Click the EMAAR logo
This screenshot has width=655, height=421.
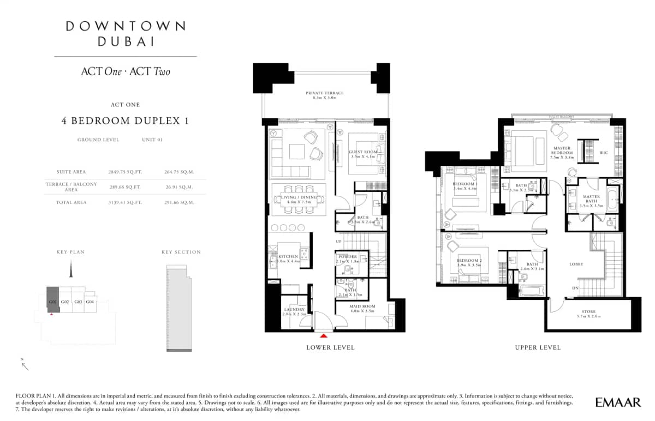pos(618,403)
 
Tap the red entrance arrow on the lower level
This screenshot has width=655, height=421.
pos(325,336)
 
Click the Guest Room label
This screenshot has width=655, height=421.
pos(363,152)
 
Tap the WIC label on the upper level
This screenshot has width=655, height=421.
pos(604,153)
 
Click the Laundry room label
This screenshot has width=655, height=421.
pos(294,309)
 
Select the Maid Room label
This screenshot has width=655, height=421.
pos(362,306)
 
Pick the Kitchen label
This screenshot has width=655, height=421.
pos(288,256)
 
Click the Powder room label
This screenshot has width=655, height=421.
pos(348,256)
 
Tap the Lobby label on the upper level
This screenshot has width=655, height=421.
pos(576,264)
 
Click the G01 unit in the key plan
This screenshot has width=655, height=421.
pos(53,302)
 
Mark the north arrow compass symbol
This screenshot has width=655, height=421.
pos(25,365)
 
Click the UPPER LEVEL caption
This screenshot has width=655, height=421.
pos(538,347)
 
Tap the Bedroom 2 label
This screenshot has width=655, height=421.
pos(469,261)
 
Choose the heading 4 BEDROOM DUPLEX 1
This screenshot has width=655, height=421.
pos(125,121)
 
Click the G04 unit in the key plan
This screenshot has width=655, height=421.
pos(90,302)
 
